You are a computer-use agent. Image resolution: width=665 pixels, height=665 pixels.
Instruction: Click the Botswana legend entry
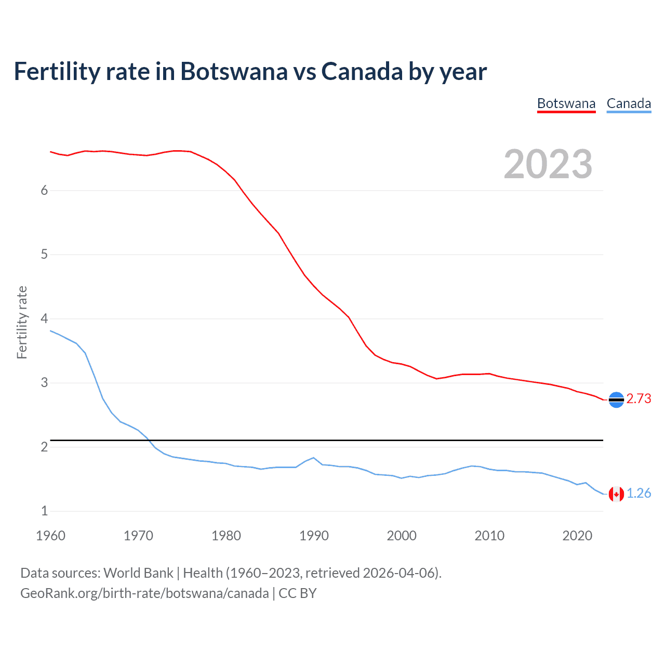pyautogui.click(x=566, y=103)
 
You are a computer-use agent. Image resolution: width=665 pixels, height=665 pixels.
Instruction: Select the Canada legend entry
pyautogui.click(x=629, y=103)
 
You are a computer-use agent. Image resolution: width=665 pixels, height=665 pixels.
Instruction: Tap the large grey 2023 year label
pyautogui.click(x=548, y=164)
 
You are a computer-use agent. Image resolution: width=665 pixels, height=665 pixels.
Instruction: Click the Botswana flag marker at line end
pyautogui.click(x=616, y=400)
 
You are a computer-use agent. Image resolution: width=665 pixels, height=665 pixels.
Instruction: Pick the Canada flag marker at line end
pyautogui.click(x=616, y=494)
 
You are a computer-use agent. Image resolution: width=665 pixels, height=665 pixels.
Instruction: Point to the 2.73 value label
pyautogui.click(x=639, y=398)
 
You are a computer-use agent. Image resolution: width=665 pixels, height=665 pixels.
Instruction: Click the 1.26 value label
pyautogui.click(x=639, y=493)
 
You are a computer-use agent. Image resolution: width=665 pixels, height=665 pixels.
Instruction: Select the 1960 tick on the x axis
pyautogui.click(x=50, y=536)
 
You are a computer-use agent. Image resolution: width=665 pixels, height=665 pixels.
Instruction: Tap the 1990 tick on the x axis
pyautogui.click(x=314, y=536)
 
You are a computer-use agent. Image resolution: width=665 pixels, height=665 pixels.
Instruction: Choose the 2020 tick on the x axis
pyautogui.click(x=577, y=536)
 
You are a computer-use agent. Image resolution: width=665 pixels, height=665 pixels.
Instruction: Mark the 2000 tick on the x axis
pyautogui.click(x=402, y=536)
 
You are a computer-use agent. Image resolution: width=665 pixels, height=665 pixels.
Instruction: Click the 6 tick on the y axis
pyautogui.click(x=44, y=190)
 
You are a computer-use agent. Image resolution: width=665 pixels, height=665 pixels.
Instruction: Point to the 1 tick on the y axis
pyautogui.click(x=44, y=511)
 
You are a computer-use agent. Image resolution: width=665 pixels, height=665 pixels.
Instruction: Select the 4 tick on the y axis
pyautogui.click(x=44, y=318)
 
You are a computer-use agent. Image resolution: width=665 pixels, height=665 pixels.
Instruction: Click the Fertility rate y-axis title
pyautogui.click(x=22, y=322)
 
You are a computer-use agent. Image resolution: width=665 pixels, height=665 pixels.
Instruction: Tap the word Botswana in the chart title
pyautogui.click(x=234, y=72)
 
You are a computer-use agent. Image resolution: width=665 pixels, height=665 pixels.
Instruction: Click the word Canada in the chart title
pyautogui.click(x=362, y=72)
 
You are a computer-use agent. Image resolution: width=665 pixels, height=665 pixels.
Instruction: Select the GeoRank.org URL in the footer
pyautogui.click(x=144, y=593)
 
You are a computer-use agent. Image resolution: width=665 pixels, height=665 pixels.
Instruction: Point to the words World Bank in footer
pyautogui.click(x=138, y=573)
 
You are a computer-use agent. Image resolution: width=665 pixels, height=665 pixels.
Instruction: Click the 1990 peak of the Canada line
pyautogui.click(x=313, y=458)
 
